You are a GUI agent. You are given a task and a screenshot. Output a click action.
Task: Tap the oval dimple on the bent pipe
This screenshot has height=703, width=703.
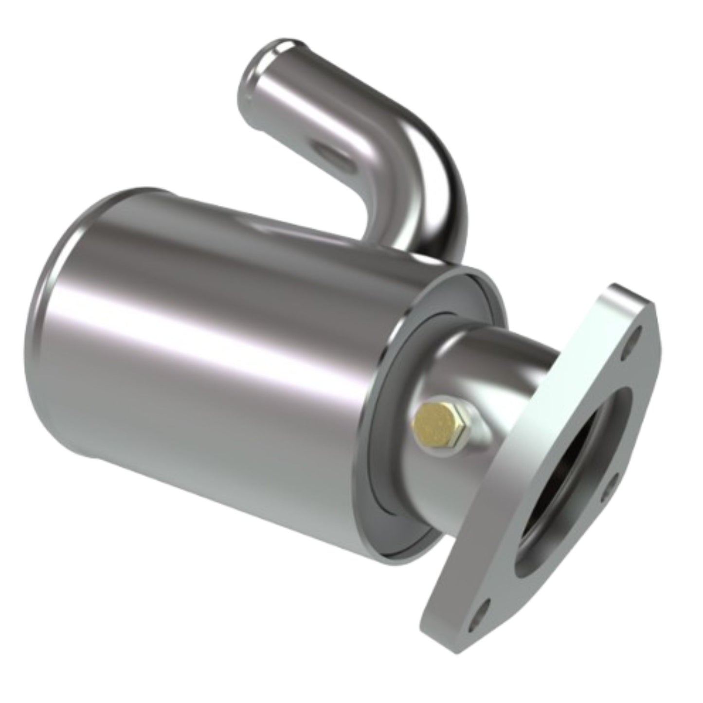(x=334, y=155)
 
